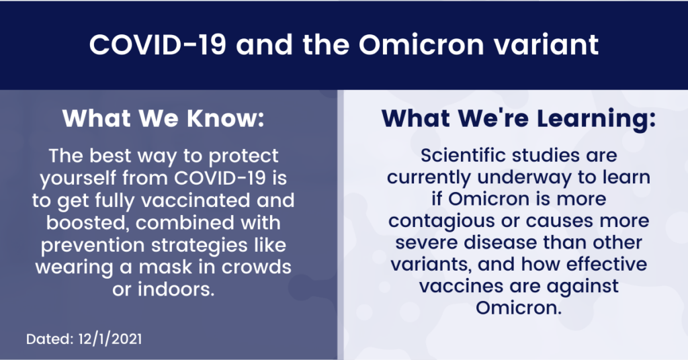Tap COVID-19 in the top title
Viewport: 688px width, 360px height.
157,44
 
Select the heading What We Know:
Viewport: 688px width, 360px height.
163,118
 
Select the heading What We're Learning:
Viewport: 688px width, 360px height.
518,118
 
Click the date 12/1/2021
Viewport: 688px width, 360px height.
110,339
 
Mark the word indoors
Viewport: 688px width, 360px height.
176,289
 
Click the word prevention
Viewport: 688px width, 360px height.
93,246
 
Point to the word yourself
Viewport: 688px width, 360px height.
77,179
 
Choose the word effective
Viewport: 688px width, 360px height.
607,265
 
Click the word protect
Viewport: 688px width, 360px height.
243,156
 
